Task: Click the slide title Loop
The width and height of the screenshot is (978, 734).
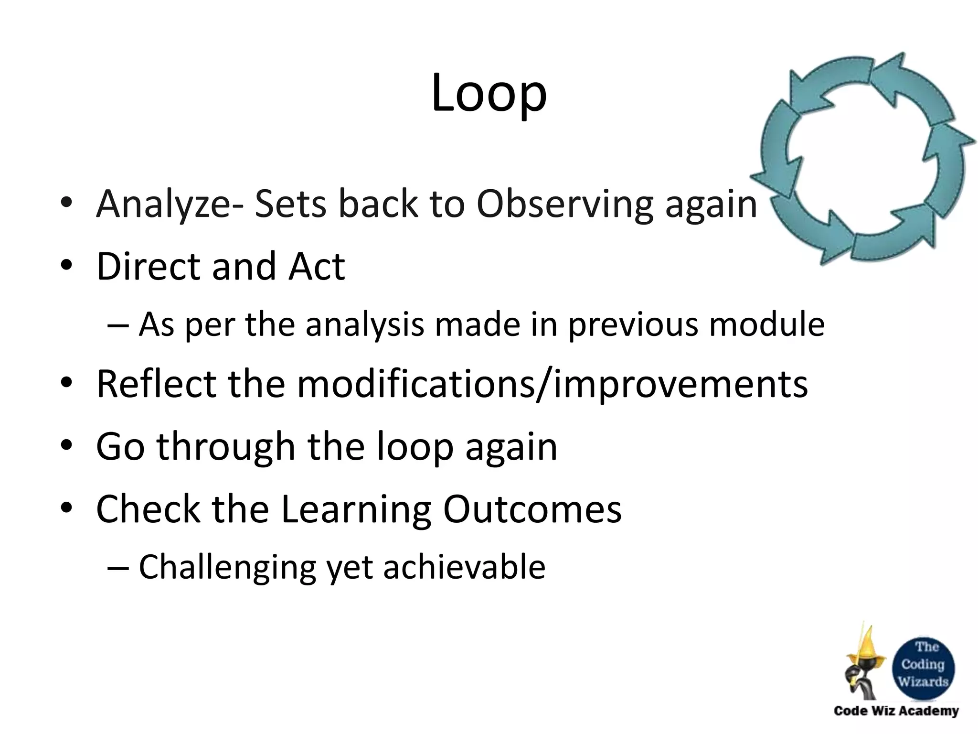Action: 489,94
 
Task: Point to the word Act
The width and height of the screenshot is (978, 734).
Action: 316,266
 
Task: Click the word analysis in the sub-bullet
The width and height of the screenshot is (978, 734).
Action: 364,324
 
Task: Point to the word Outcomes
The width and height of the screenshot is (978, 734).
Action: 532,509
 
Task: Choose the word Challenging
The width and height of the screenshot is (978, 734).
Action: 227,568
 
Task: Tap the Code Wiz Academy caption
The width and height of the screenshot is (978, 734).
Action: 896,711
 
